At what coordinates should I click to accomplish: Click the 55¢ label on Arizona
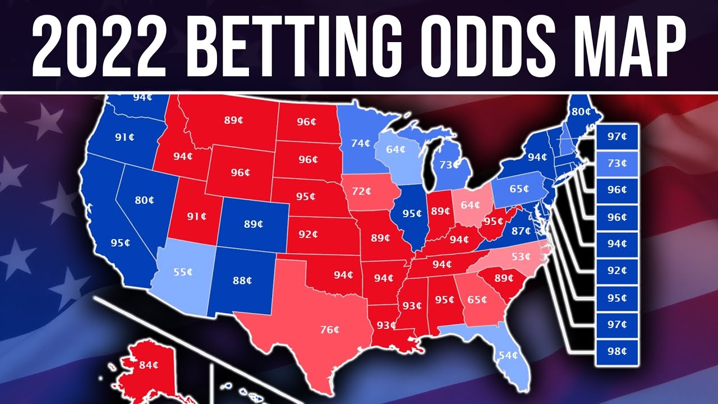pos(183,272)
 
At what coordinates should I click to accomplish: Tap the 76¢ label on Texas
pos(330,330)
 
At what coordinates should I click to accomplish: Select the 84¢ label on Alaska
pos(149,365)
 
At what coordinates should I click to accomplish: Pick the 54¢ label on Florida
pos(508,355)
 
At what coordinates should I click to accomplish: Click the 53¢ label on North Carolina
pos(521,258)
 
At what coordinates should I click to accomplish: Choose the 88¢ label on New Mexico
pos(242,281)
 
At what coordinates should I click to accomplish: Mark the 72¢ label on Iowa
pos(361,191)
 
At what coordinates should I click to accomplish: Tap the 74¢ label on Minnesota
pos(361,143)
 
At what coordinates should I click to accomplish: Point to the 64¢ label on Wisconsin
pos(395,150)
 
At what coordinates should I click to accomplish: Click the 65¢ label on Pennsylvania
pos(519,189)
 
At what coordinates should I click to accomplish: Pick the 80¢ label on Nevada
pos(144,200)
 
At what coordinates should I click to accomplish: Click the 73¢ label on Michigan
pos(449,164)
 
